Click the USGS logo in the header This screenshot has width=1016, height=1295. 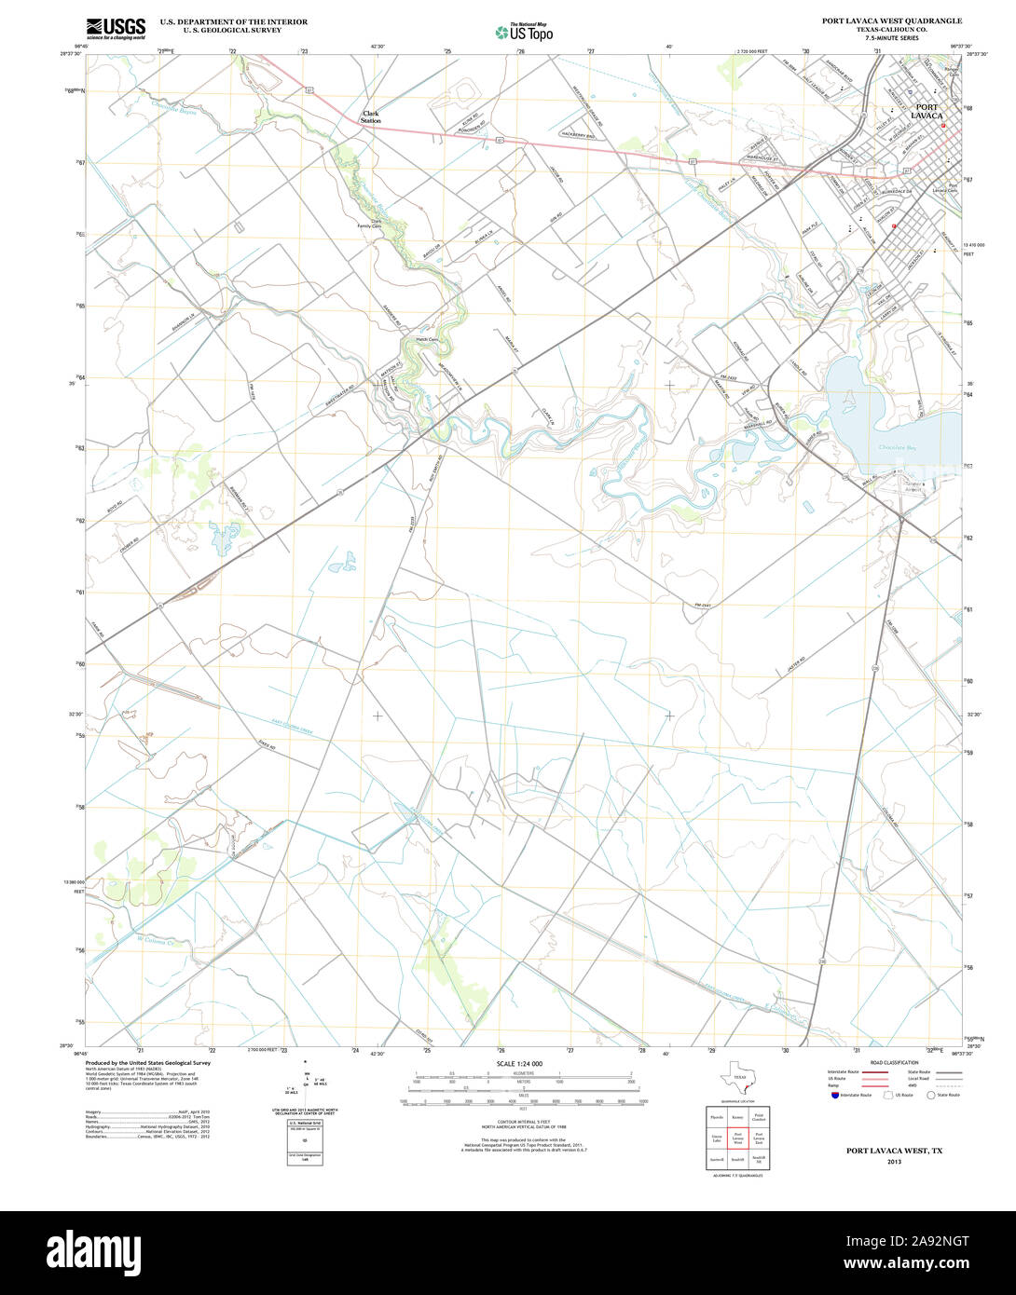[116, 28]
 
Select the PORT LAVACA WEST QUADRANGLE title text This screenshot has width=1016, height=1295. [891, 20]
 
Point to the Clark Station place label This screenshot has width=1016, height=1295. [371, 117]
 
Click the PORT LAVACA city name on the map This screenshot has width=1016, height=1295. [927, 111]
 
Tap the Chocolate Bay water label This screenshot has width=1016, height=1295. [899, 448]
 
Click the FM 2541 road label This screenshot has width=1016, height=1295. [704, 606]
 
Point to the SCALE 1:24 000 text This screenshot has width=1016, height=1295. [519, 1064]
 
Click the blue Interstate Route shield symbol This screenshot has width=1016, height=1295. [834, 1096]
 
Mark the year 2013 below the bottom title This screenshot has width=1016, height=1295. [894, 1162]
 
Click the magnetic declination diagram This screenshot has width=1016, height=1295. [305, 1084]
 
